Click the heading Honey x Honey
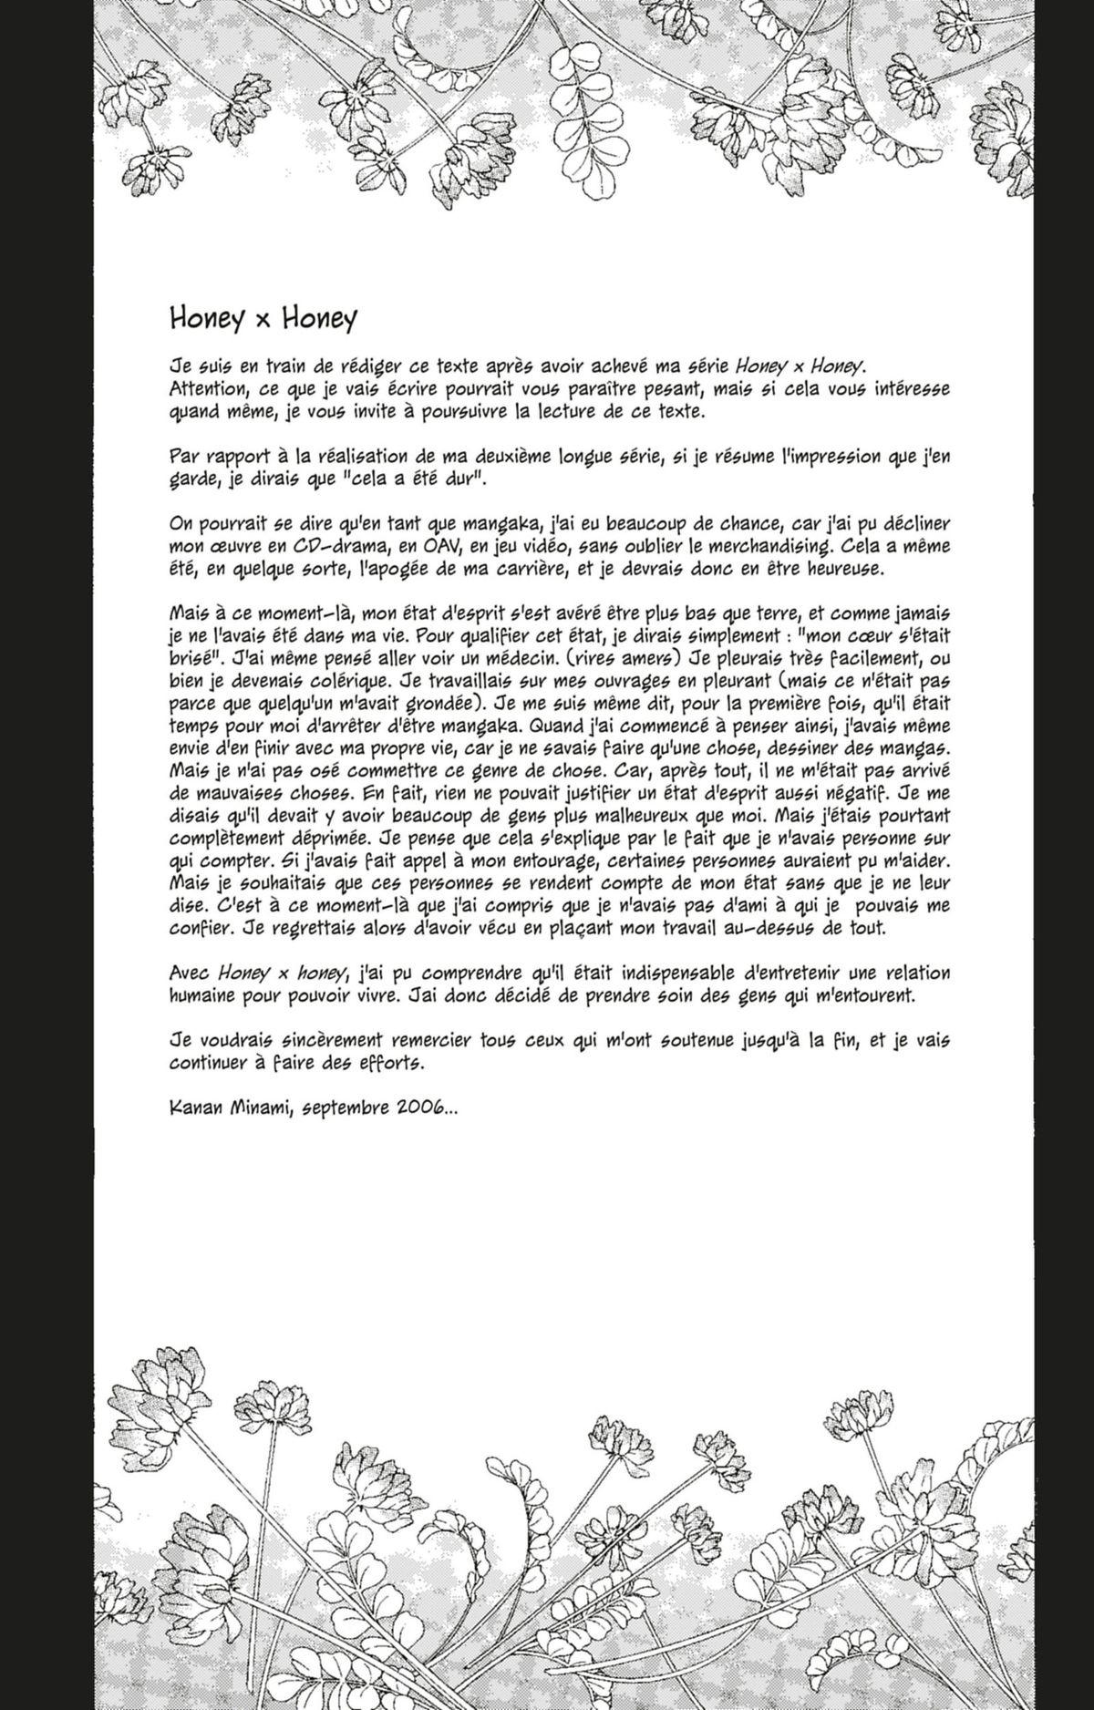(x=263, y=319)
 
